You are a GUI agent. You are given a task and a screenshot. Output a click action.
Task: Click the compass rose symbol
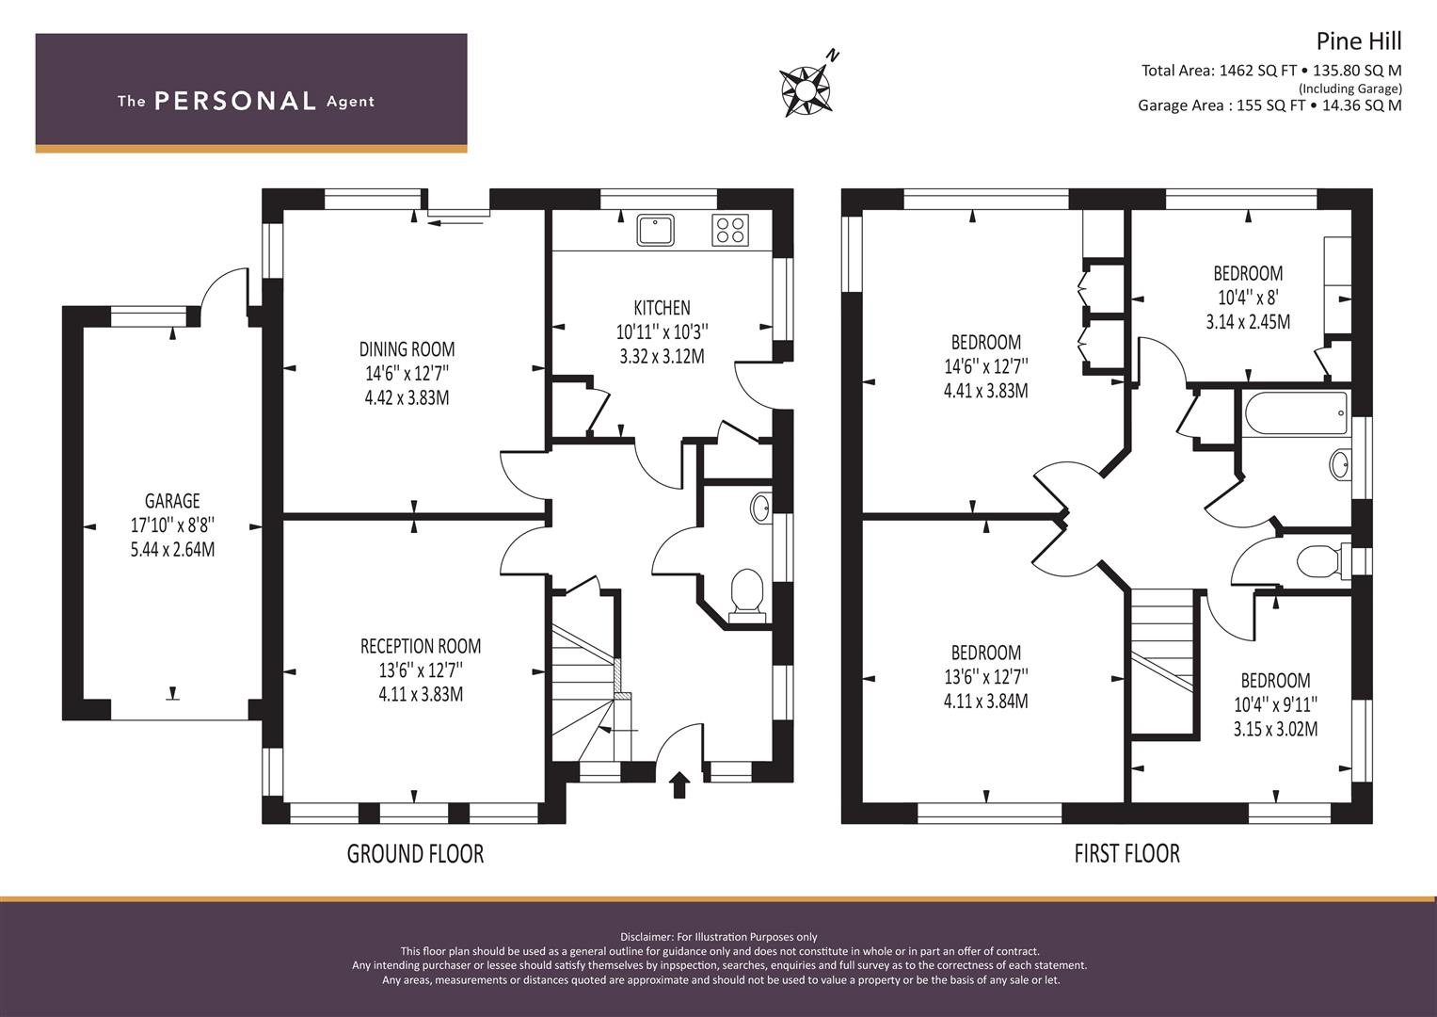tap(806, 89)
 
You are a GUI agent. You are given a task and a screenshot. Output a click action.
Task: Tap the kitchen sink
tap(655, 230)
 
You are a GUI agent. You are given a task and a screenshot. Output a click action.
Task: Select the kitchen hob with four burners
tap(730, 230)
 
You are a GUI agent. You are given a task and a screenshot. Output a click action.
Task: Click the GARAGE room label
tap(172, 500)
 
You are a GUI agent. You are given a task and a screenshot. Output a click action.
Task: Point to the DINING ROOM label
tap(407, 349)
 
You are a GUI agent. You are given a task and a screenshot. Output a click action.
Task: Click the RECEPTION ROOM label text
tap(421, 646)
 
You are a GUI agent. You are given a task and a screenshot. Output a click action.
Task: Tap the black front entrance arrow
tap(679, 784)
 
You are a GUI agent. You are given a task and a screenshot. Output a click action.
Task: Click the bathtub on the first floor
tap(1295, 414)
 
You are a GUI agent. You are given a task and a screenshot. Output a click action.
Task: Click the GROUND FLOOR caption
tap(415, 854)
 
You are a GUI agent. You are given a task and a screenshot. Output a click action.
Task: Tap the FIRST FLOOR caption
tap(1127, 854)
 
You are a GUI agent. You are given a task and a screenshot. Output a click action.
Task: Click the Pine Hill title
tap(1359, 41)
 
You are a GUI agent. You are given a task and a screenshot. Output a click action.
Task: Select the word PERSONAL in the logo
tap(235, 101)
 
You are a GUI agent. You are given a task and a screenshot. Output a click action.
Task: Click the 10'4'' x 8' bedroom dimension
tap(1248, 298)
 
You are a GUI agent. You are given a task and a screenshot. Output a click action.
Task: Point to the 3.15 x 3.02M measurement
tap(1275, 730)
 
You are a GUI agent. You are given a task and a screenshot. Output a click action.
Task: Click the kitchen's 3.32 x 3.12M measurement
tap(662, 356)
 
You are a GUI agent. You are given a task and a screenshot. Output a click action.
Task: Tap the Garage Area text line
tap(1269, 105)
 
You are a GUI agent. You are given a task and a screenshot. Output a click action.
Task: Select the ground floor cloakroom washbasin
tap(760, 508)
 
